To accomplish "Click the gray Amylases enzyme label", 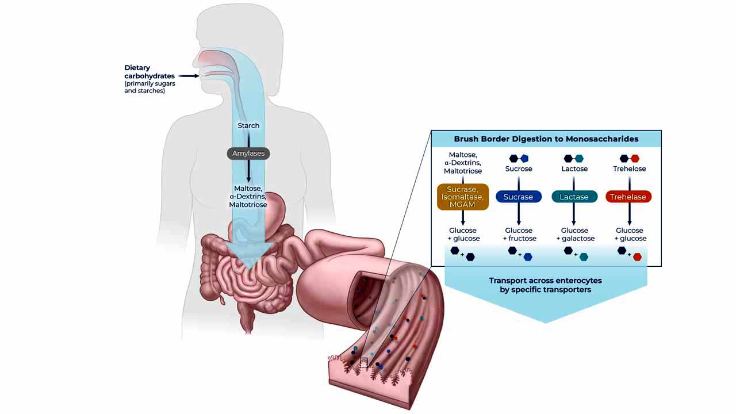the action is pyautogui.click(x=248, y=154).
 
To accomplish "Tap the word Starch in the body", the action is pyautogui.click(x=248, y=125).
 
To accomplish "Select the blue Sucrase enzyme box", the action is pyautogui.click(x=519, y=197).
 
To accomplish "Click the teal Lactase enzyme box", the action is pyautogui.click(x=574, y=197).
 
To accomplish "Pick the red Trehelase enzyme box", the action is pyautogui.click(x=628, y=197).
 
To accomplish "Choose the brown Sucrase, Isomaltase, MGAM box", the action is pyautogui.click(x=463, y=197).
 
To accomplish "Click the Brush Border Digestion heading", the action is pyautogui.click(x=546, y=139).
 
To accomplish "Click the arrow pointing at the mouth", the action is pyautogui.click(x=189, y=76).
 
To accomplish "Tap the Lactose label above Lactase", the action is pyautogui.click(x=574, y=169).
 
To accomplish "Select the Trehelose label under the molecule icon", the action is pyautogui.click(x=629, y=169).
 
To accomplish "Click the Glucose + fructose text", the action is pyautogui.click(x=519, y=234).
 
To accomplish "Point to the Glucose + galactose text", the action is pyautogui.click(x=575, y=234).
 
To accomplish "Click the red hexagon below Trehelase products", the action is pyautogui.click(x=638, y=257).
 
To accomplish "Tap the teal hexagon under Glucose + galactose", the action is pyautogui.click(x=584, y=257).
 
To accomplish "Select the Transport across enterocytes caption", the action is pyautogui.click(x=546, y=285).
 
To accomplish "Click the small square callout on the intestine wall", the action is pyautogui.click(x=363, y=362).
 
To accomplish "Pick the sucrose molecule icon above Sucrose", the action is pyautogui.click(x=519, y=159).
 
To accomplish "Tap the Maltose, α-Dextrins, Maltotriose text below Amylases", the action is pyautogui.click(x=248, y=197).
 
